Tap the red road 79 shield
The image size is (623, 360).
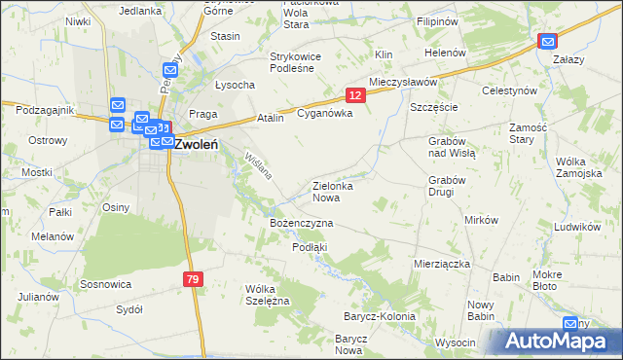click(193, 280)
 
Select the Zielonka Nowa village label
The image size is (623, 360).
click(332, 191)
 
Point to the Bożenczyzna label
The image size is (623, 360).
click(301, 223)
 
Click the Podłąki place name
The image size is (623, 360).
click(310, 247)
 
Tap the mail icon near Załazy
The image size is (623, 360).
click(548, 41)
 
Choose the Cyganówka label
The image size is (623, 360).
click(324, 113)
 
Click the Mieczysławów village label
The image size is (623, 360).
click(403, 83)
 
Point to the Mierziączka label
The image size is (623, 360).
click(442, 264)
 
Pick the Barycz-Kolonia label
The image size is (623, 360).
click(379, 316)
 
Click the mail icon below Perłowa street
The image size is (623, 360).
click(170, 71)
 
